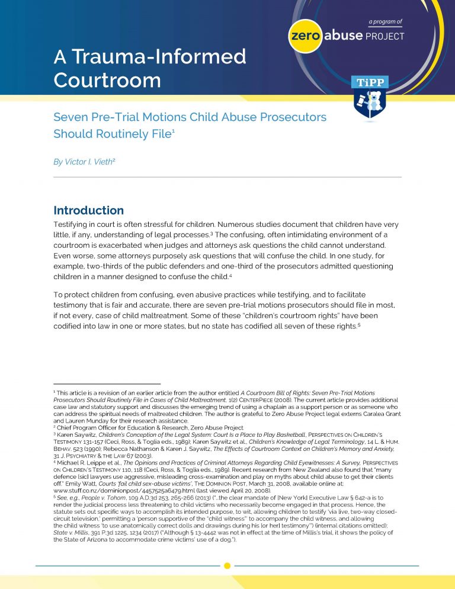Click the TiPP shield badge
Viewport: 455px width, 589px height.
[370, 98]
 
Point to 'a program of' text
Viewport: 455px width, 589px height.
[385, 22]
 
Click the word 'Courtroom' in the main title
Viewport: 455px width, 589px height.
[107, 79]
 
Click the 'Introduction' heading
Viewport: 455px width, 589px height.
[89, 210]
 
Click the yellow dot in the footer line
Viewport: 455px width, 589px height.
[227, 566]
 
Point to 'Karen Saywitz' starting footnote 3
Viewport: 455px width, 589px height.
[78, 417]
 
